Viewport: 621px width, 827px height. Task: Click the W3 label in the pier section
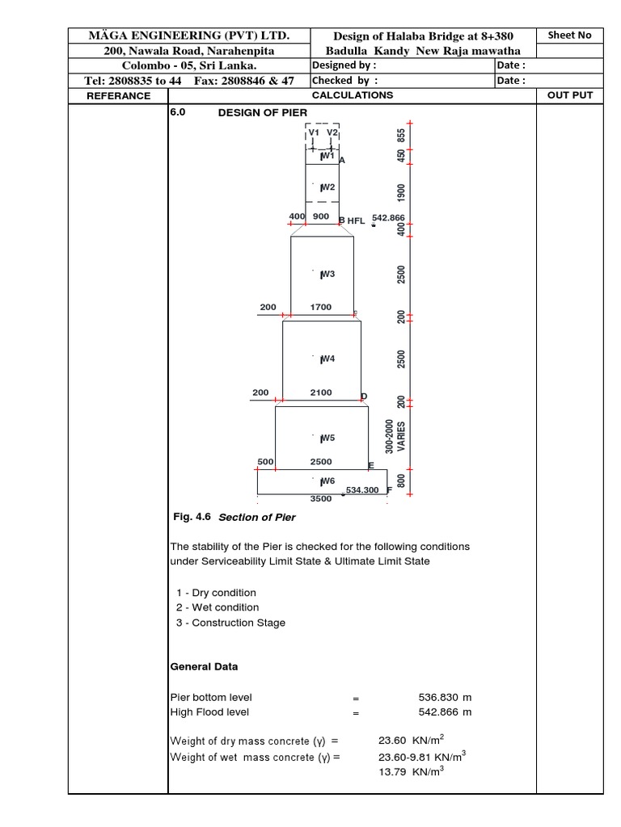(x=327, y=275)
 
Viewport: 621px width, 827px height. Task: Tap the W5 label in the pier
(x=327, y=439)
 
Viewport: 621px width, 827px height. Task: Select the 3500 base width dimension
(x=322, y=499)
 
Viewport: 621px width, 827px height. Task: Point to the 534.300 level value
(x=363, y=490)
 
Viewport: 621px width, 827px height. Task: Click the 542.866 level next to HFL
(x=388, y=218)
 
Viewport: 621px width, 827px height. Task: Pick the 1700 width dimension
(x=321, y=307)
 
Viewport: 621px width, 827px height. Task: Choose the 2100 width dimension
(x=321, y=393)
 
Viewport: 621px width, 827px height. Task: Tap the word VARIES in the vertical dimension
(x=401, y=436)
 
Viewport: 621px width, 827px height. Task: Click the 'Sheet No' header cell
(x=569, y=36)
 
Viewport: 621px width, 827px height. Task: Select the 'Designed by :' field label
(x=344, y=65)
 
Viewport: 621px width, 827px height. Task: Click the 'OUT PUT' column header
(x=570, y=95)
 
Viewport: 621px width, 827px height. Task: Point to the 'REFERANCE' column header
(x=118, y=95)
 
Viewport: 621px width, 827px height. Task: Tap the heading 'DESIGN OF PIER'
(x=263, y=113)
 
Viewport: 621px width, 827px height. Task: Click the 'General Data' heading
(x=204, y=667)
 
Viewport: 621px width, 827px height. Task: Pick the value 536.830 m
(x=441, y=697)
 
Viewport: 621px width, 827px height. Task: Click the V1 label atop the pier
(x=314, y=132)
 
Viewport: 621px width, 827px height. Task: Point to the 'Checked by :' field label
(x=344, y=81)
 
